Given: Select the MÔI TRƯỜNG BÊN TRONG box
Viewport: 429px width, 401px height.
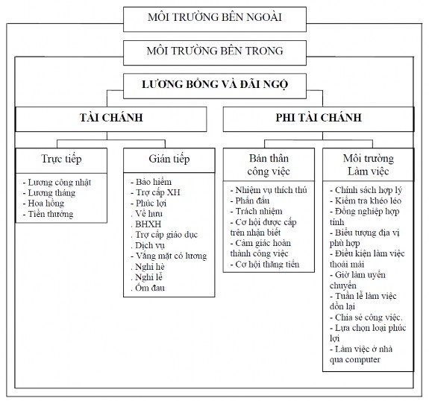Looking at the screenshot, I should tap(215, 51).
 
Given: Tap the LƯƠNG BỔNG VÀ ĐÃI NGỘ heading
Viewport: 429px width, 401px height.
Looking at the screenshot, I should tap(215, 85).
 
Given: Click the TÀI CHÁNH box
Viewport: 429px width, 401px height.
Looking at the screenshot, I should tap(111, 119).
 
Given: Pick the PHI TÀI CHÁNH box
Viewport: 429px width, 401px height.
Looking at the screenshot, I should tap(319, 119).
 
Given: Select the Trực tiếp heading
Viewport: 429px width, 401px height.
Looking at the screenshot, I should tap(61, 160).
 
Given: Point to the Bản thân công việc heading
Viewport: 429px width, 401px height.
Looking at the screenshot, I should tap(269, 165).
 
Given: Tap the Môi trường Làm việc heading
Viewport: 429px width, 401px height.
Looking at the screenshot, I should tap(368, 165).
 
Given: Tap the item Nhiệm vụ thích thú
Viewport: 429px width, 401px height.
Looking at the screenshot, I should tap(270, 190).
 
